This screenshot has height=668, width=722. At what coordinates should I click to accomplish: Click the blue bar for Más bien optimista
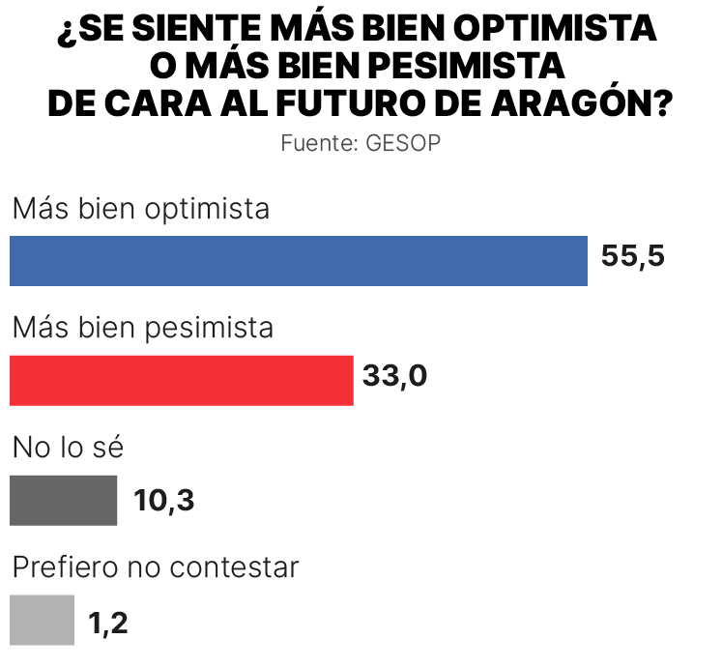tap(298, 261)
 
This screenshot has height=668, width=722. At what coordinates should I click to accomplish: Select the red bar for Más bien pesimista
tap(181, 380)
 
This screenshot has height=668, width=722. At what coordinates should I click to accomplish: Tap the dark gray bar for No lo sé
tap(63, 500)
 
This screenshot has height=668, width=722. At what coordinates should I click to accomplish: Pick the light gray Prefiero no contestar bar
tap(42, 620)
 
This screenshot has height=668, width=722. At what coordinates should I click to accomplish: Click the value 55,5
tap(633, 259)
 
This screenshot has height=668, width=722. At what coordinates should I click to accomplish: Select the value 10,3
tap(164, 502)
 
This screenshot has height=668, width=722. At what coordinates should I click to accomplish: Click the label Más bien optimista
tap(141, 209)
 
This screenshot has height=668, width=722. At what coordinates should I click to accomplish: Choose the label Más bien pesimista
tap(143, 329)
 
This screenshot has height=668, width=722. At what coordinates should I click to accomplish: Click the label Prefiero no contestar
tap(156, 567)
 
